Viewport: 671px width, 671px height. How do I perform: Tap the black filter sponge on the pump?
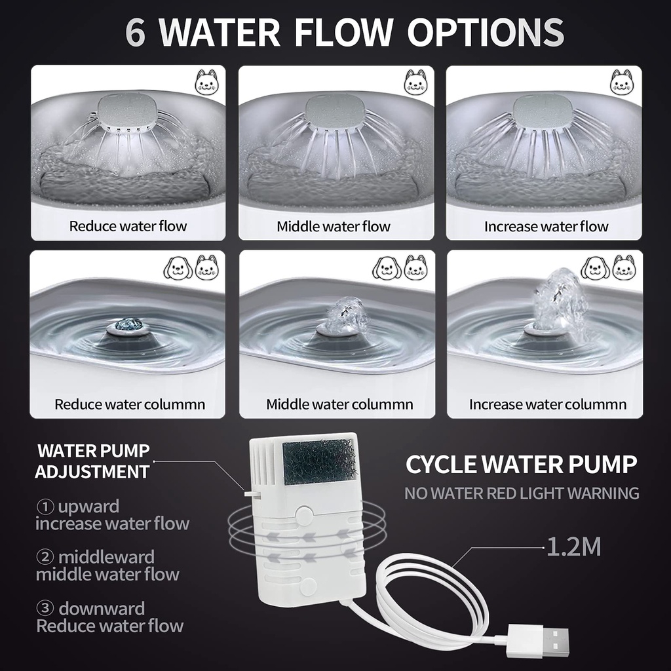[320, 463]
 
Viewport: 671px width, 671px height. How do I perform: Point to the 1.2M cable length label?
[574, 547]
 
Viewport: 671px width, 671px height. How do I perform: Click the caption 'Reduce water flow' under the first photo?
[128, 226]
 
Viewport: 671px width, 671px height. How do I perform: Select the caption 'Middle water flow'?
[334, 226]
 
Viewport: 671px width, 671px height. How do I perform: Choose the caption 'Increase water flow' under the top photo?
[546, 226]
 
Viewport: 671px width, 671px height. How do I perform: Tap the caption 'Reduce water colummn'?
[130, 404]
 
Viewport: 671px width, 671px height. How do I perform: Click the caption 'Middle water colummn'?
[339, 404]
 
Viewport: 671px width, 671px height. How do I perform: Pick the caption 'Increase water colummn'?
[547, 404]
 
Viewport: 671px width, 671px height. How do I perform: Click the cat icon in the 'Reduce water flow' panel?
[206, 82]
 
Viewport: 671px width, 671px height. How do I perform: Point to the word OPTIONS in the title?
[486, 32]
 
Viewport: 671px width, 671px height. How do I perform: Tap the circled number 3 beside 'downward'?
[45, 609]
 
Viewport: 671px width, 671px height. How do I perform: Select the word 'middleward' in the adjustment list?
[106, 557]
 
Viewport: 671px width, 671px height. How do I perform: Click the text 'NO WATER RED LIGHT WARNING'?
[522, 493]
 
